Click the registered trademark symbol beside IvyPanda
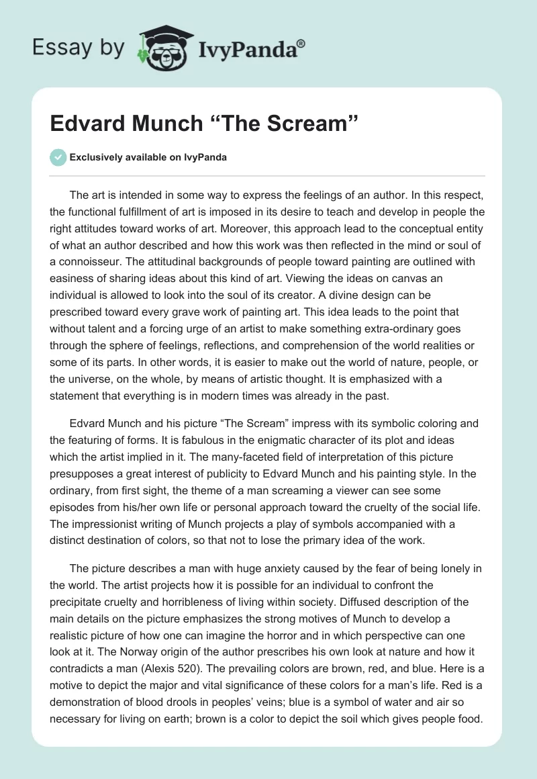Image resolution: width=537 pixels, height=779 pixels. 301,43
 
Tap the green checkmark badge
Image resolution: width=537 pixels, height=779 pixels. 58,157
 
